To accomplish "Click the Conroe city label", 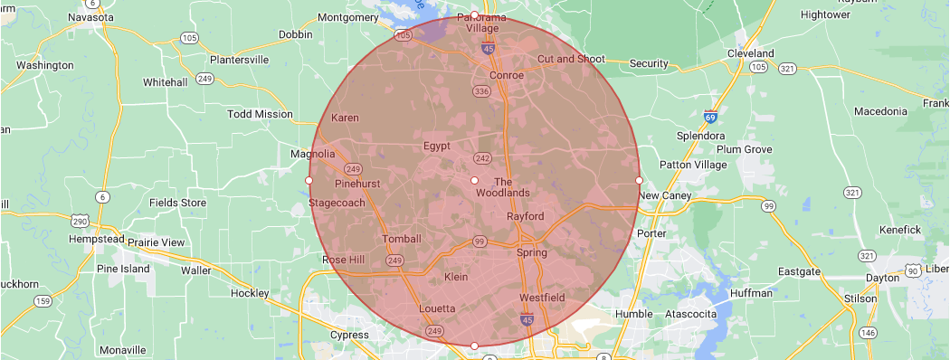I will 507,75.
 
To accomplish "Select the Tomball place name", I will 403,239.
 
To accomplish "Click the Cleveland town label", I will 751,53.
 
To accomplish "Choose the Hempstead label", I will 96,239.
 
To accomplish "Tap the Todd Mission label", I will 260,114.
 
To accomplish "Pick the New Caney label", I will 665,195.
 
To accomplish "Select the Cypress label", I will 350,336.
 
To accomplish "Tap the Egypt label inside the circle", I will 436,146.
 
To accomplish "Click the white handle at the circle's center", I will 474,180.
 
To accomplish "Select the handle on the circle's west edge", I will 309,180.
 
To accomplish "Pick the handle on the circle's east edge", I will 640,180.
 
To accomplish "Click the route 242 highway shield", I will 482,158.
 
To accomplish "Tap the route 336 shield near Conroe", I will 481,91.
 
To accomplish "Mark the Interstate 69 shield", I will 712,117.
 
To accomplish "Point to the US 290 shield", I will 79,221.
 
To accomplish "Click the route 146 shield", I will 869,333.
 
